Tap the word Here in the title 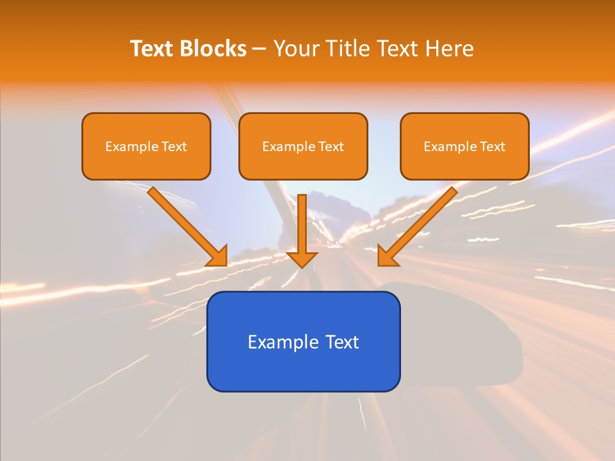tap(451, 49)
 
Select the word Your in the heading tap(297, 49)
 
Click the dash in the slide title tap(260, 49)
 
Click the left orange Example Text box tap(146, 146)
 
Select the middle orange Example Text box tap(303, 146)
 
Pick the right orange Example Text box tap(464, 146)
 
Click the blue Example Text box tap(303, 341)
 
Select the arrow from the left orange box tap(186, 224)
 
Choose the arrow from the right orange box tap(420, 224)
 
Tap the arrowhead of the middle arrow tap(302, 259)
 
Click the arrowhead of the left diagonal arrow tap(218, 255)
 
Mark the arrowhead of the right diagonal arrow tap(387, 255)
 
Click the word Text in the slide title tap(154, 49)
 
